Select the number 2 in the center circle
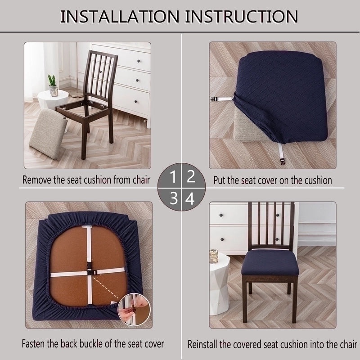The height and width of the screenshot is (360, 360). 190,176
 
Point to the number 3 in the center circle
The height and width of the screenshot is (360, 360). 173,198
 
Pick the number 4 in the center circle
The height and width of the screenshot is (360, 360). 190,198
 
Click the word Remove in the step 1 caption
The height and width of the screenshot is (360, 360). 39,180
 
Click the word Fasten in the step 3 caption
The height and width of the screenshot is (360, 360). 35,344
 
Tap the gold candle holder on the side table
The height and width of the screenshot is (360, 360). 214,257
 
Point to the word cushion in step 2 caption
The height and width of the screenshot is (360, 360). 317,180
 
